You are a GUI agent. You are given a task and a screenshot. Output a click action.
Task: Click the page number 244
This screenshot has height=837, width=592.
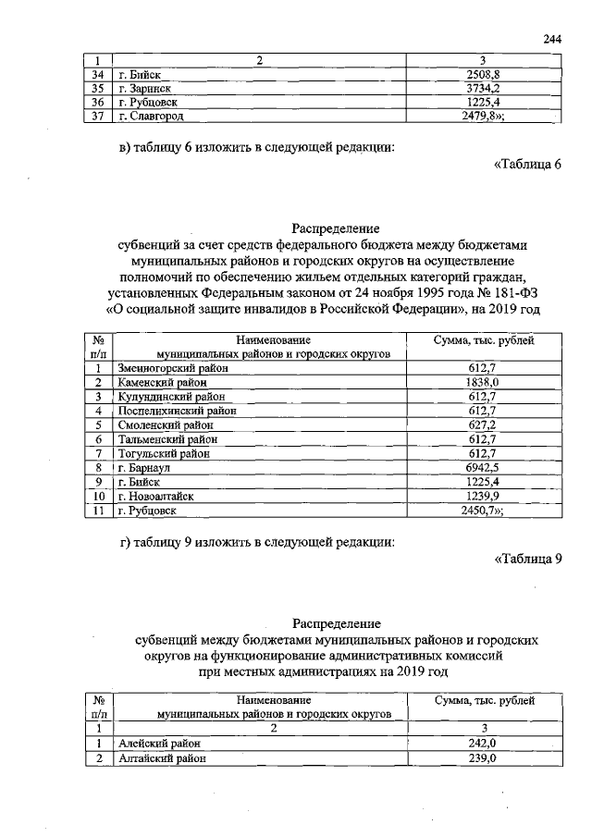click(x=553, y=39)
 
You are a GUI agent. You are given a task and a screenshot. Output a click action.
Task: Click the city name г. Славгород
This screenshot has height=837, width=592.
click(x=152, y=117)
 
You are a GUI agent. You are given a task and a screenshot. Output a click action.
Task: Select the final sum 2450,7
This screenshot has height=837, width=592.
click(x=485, y=510)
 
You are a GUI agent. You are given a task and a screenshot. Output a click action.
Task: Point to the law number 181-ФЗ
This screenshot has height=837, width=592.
click(x=512, y=291)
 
